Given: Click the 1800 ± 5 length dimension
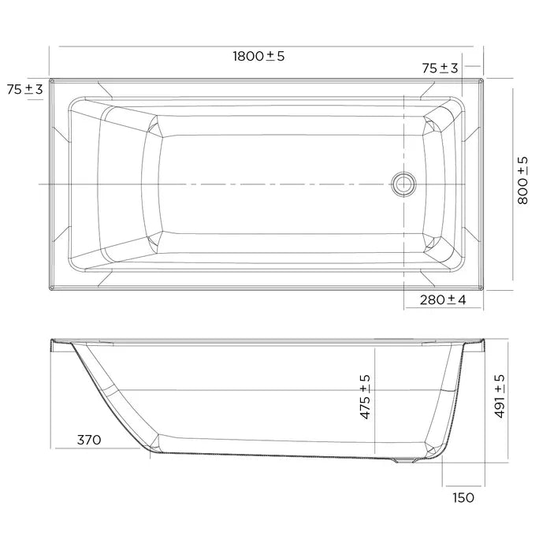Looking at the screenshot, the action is (258, 56).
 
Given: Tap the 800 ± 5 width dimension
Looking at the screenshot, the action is (522, 180).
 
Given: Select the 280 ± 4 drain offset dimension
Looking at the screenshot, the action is (443, 299).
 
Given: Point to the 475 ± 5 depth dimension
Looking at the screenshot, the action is (365, 396).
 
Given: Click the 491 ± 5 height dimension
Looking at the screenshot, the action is (500, 396).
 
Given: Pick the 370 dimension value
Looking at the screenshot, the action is (89, 440).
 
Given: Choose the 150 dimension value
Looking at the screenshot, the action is (463, 497).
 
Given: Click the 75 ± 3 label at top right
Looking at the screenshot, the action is (440, 68).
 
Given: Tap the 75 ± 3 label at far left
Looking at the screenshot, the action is (24, 89).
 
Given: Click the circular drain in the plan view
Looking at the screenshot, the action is (403, 184).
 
